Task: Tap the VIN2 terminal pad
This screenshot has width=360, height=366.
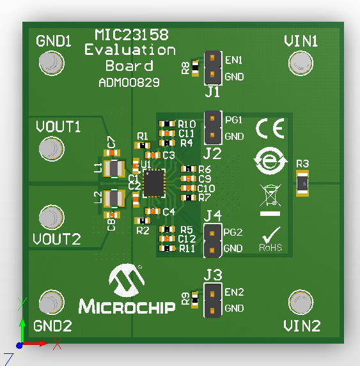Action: point(300,302)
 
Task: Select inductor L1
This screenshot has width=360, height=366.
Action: point(114,168)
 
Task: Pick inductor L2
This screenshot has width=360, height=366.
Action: point(114,199)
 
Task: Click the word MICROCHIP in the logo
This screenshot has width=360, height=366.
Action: point(127,307)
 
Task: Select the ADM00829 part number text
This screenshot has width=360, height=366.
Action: point(129,82)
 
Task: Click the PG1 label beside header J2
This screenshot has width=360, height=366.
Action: point(234,120)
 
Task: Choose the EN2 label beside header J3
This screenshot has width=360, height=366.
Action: point(234,293)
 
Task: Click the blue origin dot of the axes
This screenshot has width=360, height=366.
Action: point(20,345)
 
